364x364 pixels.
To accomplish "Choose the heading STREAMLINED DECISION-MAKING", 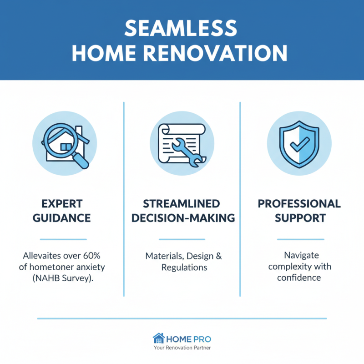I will (182, 210).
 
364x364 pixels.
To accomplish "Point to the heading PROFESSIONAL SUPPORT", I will (299, 210).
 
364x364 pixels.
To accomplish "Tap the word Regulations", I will (184, 267).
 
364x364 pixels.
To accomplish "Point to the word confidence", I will (299, 278).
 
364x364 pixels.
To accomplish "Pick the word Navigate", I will (299, 256).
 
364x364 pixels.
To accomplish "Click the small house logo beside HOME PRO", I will (158, 338).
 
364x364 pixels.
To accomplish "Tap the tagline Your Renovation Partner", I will (182, 348).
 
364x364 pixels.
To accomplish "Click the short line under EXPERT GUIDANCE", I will (62, 239).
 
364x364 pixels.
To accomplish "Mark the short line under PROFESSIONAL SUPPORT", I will (300, 239).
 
